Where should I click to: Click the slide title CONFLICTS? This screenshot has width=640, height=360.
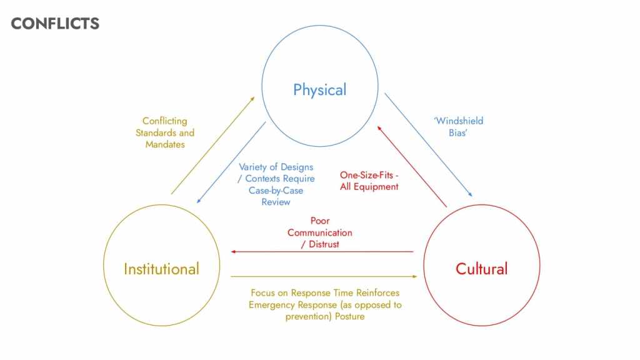[55, 24]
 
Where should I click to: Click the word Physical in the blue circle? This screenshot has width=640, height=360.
[319, 90]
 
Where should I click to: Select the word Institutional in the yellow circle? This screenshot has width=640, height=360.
[161, 269]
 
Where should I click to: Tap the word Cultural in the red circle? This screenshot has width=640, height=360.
[481, 269]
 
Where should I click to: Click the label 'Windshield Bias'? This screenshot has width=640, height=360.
[458, 127]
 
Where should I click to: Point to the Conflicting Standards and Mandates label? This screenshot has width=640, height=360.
[165, 132]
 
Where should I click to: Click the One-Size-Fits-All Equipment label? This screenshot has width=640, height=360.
[369, 181]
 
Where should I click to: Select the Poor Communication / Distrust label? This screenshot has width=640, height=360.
[320, 232]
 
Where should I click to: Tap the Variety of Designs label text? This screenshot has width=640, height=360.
[276, 184]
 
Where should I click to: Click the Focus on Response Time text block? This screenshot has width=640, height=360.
[324, 304]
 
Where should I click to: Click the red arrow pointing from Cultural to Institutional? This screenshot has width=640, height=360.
[322, 252]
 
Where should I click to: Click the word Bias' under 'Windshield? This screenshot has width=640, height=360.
[458, 133]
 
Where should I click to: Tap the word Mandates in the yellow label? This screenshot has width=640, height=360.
[165, 144]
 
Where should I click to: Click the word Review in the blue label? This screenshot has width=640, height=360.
[276, 202]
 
